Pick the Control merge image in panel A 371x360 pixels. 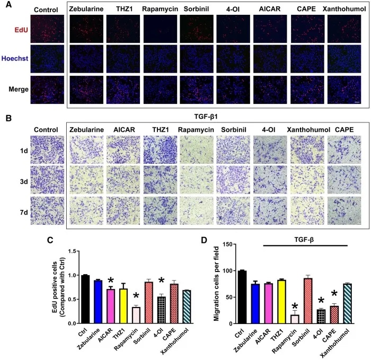[48, 90]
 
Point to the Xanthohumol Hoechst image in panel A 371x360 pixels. [345, 59]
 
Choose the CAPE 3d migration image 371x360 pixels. [344, 179]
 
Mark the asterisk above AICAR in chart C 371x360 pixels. [110, 280]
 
